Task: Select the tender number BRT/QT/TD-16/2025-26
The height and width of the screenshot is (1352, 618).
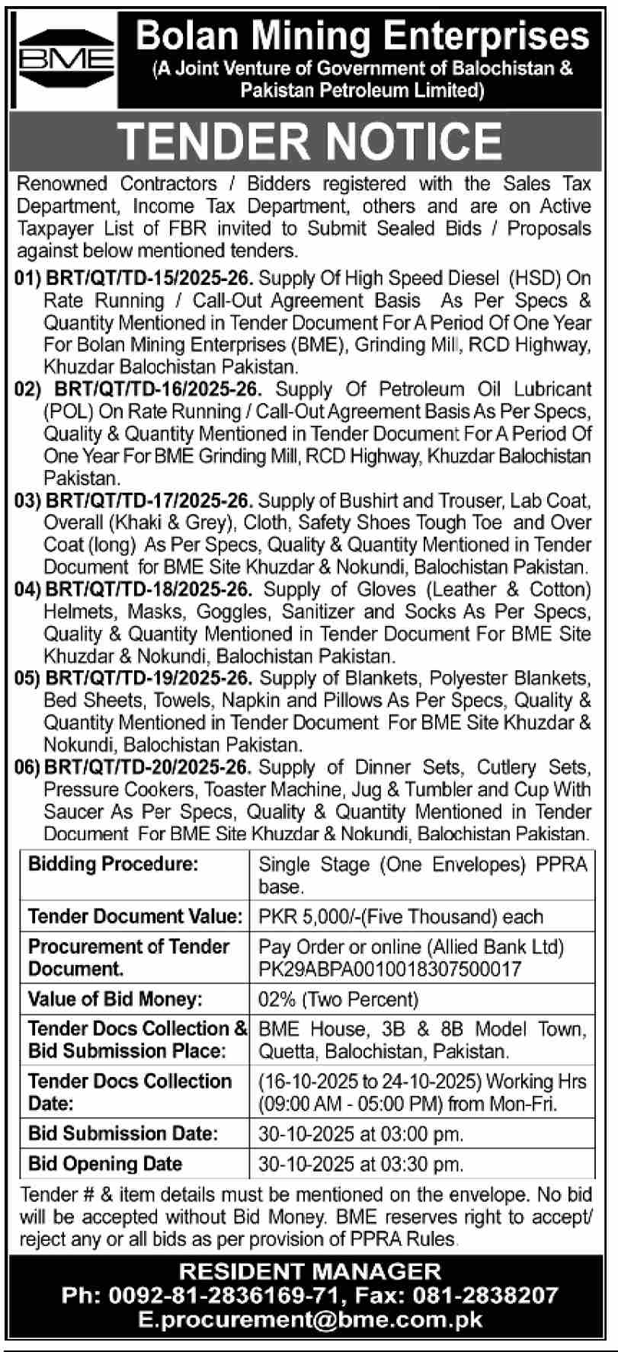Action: (x=159, y=390)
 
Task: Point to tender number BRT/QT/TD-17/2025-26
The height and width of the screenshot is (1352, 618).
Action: (x=149, y=501)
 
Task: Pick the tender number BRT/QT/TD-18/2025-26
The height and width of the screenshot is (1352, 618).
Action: (x=149, y=590)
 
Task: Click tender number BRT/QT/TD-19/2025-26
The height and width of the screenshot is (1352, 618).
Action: (x=149, y=678)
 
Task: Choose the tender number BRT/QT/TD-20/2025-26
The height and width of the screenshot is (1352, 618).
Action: (x=149, y=767)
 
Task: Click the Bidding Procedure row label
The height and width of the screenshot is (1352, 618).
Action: (x=113, y=864)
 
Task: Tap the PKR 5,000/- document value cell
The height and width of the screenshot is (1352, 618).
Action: (x=401, y=916)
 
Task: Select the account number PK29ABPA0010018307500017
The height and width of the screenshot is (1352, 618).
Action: (x=390, y=969)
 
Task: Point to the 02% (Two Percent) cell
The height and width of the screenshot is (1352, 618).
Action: (x=338, y=999)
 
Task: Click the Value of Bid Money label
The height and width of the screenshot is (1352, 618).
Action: (x=115, y=999)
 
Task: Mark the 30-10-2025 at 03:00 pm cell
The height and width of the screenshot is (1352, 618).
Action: (x=360, y=1133)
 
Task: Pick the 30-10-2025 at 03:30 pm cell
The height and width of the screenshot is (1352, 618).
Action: (x=360, y=1164)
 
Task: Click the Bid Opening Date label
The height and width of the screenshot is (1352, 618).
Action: (x=105, y=1164)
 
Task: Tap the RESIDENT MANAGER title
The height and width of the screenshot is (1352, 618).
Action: (x=309, y=1271)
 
